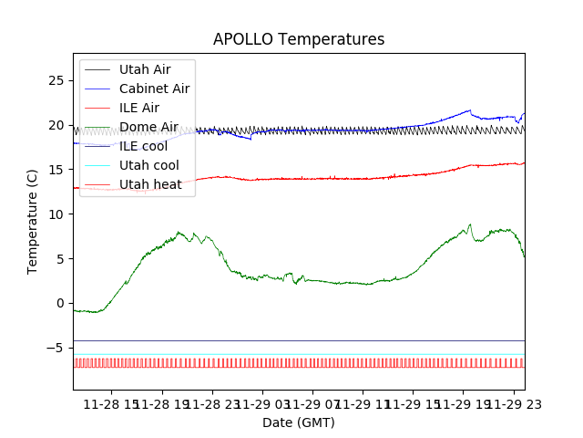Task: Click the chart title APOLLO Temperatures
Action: [299, 39]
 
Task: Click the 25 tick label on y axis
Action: [55, 80]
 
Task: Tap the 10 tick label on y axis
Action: [55, 214]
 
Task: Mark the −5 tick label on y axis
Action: [55, 348]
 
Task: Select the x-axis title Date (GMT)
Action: [299, 422]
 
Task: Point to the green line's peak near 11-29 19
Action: [470, 224]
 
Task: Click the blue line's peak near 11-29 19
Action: [469, 110]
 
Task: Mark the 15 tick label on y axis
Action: [55, 170]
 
